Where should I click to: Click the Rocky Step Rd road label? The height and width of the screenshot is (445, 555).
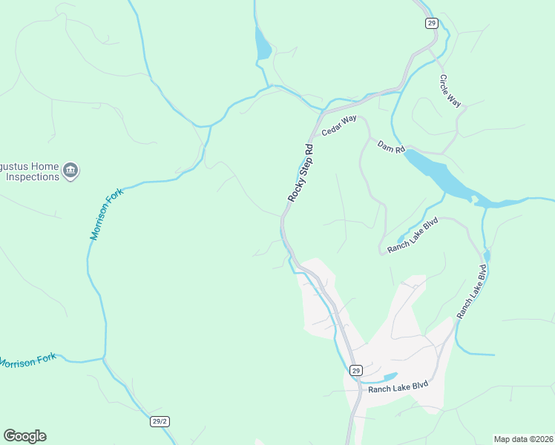(301, 174)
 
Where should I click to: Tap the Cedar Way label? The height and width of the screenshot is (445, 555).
(339, 123)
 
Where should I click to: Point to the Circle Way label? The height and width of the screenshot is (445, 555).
(450, 91)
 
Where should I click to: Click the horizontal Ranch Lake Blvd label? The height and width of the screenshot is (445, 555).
(399, 389)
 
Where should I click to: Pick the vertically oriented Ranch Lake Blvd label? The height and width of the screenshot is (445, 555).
(472, 293)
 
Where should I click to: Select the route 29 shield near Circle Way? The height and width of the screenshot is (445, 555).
(432, 23)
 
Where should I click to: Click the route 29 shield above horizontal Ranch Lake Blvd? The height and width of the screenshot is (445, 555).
(356, 370)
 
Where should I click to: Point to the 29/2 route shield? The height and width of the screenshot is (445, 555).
(160, 421)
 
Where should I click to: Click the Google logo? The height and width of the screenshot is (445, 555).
(24, 436)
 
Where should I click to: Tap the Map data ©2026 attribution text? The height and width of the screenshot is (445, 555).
(523, 439)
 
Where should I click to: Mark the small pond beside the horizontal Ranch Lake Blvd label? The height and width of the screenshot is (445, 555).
(389, 377)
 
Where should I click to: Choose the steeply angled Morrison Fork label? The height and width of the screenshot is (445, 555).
(105, 214)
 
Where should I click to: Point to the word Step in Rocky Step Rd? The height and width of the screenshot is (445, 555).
(301, 172)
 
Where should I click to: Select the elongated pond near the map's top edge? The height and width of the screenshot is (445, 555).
(263, 44)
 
